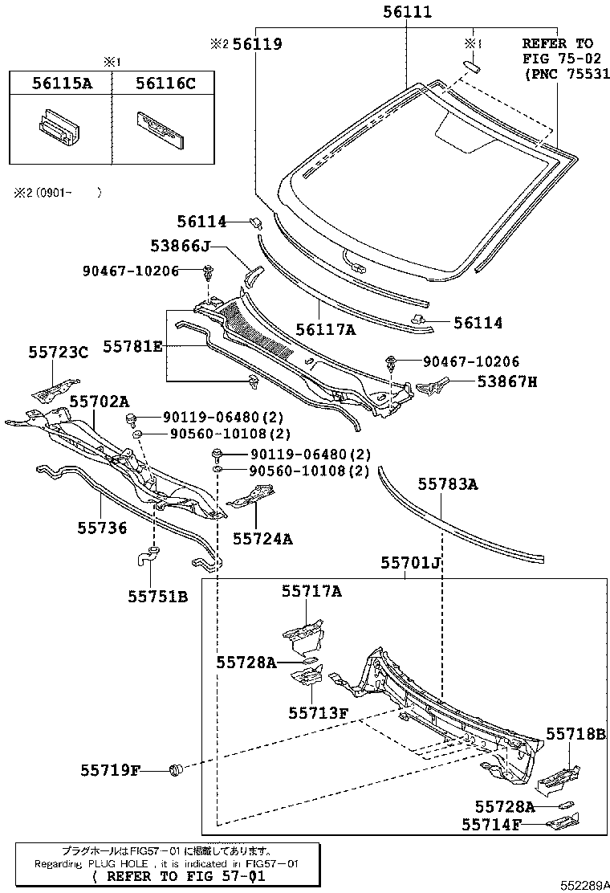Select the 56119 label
click(x=257, y=45)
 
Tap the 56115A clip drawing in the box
click(x=60, y=129)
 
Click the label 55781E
click(x=132, y=346)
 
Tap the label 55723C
click(x=58, y=352)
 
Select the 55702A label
click(x=99, y=400)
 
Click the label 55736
click(x=102, y=527)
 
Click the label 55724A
click(x=263, y=539)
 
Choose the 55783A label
click(x=448, y=484)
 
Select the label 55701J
click(x=410, y=563)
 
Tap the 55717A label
click(x=311, y=592)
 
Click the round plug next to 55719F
click(x=177, y=771)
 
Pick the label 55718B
click(x=576, y=733)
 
